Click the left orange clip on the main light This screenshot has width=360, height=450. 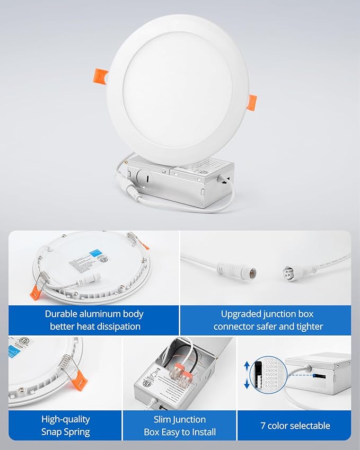point(100,75)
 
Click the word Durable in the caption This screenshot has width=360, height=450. point(63,314)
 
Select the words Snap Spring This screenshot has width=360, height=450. point(66,432)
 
